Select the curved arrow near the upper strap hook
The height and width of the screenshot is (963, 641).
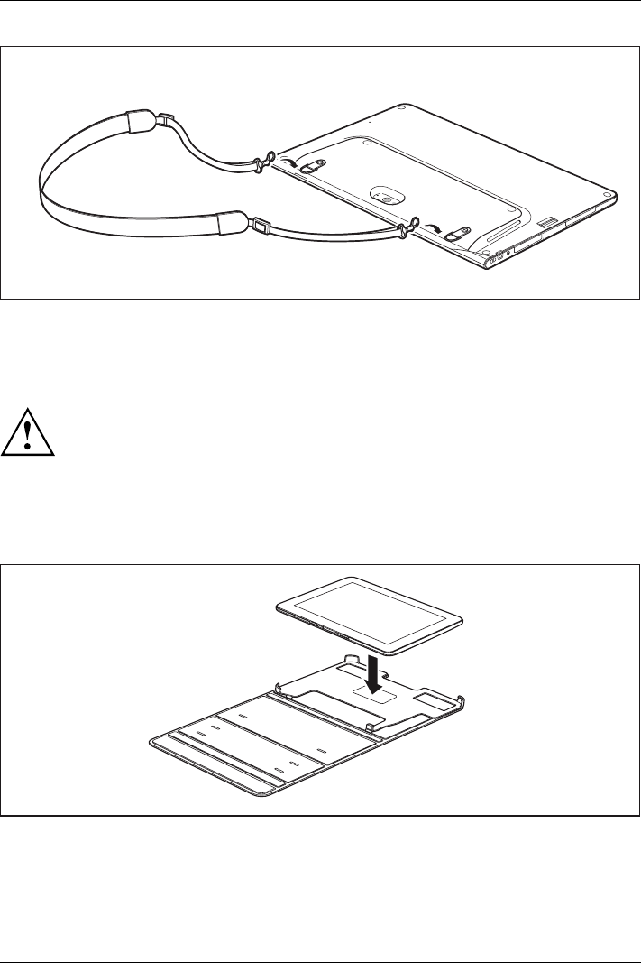(x=290, y=160)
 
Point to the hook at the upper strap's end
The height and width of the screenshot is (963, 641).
(x=262, y=162)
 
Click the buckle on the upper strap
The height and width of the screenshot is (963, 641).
(x=163, y=120)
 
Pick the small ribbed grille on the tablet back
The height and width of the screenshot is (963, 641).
(x=546, y=221)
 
